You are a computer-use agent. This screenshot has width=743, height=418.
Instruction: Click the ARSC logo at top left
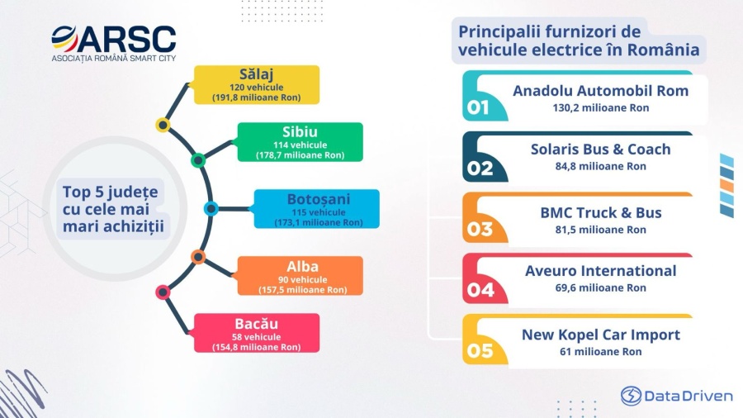pos(114,43)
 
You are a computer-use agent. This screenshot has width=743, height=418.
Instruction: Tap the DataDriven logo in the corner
pos(677,396)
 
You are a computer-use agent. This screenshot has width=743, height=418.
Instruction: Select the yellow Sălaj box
pos(257,85)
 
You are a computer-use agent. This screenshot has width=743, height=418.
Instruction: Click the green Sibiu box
pos(300,142)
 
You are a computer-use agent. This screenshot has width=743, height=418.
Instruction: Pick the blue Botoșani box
pos(316,209)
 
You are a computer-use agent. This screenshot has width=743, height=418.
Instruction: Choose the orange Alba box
pos(300,276)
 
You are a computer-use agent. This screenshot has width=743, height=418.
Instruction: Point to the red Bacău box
pos(257,333)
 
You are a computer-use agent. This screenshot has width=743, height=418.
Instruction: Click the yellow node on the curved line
pos(163,125)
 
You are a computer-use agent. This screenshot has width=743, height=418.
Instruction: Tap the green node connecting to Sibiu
pos(198,160)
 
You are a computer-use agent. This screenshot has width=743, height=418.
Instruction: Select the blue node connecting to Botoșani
pos(211,208)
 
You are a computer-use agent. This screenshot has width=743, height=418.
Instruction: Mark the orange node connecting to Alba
pos(198,257)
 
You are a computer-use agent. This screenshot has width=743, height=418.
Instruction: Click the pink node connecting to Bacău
pos(163,292)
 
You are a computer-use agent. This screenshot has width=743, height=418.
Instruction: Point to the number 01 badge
pos(478,107)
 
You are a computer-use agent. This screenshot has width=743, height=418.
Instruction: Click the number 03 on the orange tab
pos(480,230)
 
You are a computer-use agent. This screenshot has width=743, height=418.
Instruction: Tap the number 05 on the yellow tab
pos(480,351)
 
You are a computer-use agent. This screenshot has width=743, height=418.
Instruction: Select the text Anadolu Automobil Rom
pos(600,91)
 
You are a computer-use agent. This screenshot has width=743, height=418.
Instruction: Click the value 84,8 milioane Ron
pos(600,166)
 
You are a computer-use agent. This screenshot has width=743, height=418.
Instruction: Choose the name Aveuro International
pos(600,271)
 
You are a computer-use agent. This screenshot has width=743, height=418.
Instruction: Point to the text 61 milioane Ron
pos(600,352)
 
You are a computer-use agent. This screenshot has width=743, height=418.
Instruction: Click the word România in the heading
pos(664,50)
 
